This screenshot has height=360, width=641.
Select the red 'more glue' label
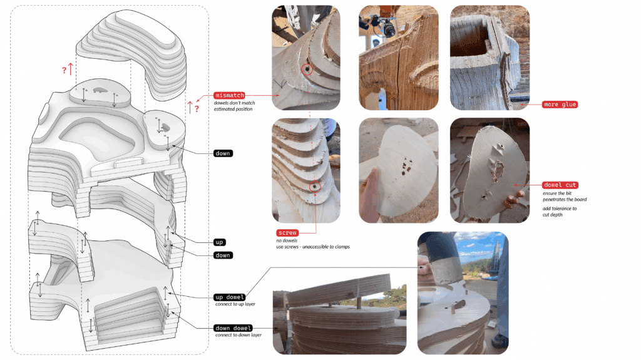560,105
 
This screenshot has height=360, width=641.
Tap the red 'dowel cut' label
560,185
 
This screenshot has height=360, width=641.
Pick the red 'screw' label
288,233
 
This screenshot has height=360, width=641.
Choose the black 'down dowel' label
233,328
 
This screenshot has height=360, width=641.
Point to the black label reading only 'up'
220,242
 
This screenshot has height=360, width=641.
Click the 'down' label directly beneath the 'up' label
223,255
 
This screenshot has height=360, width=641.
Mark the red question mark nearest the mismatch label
197,109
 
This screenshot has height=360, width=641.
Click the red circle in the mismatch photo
307,70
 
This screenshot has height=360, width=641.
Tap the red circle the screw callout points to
315,185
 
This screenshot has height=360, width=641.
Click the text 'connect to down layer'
238,335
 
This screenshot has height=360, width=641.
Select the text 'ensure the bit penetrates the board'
563,197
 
